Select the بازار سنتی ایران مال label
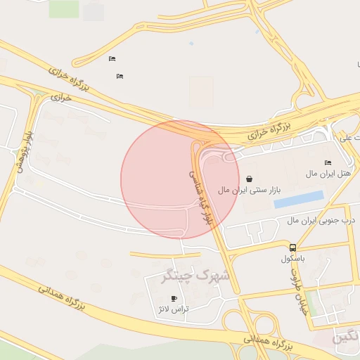point(250,190)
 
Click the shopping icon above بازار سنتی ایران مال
point(250,179)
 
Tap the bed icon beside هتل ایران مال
point(328,162)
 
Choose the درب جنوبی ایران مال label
point(321,220)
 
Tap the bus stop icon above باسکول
point(292,247)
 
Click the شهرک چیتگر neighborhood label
point(195,275)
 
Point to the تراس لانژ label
point(174,309)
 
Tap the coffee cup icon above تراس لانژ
point(174,299)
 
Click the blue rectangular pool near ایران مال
point(299,200)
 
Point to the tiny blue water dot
point(191,43)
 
